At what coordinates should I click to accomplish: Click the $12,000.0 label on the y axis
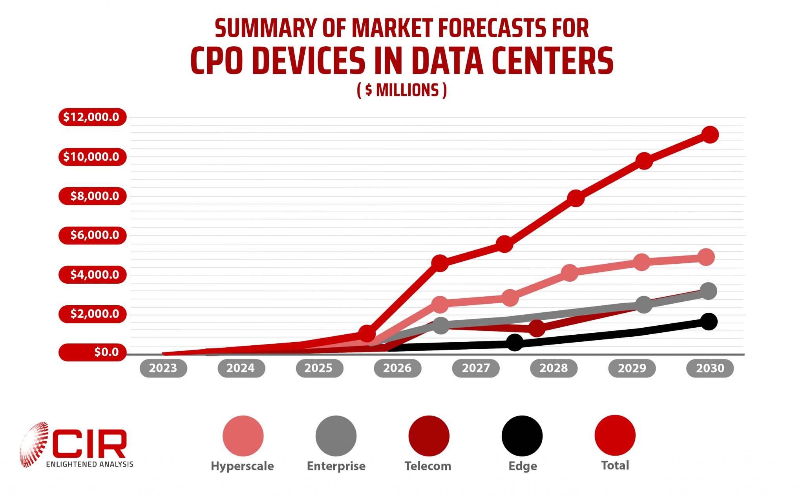[x=92, y=117]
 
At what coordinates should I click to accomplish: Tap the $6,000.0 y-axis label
[x=92, y=235]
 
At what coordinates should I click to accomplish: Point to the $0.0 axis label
[x=92, y=352]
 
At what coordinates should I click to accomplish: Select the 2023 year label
[x=163, y=368]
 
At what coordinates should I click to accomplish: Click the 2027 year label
[x=476, y=368]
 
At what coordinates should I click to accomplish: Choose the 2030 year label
[x=710, y=368]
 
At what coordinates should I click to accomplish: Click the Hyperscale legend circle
[x=243, y=436]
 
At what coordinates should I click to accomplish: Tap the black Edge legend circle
[x=522, y=436]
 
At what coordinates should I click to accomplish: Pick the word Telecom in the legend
[x=428, y=466]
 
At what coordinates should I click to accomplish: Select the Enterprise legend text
[x=336, y=466]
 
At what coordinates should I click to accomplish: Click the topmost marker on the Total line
[x=710, y=135]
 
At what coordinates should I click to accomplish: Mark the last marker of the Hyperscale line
[x=705, y=257]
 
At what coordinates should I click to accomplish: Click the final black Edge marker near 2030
[x=709, y=322]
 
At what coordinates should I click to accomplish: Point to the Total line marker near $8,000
[x=576, y=198]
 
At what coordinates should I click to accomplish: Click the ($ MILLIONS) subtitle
[x=402, y=90]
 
